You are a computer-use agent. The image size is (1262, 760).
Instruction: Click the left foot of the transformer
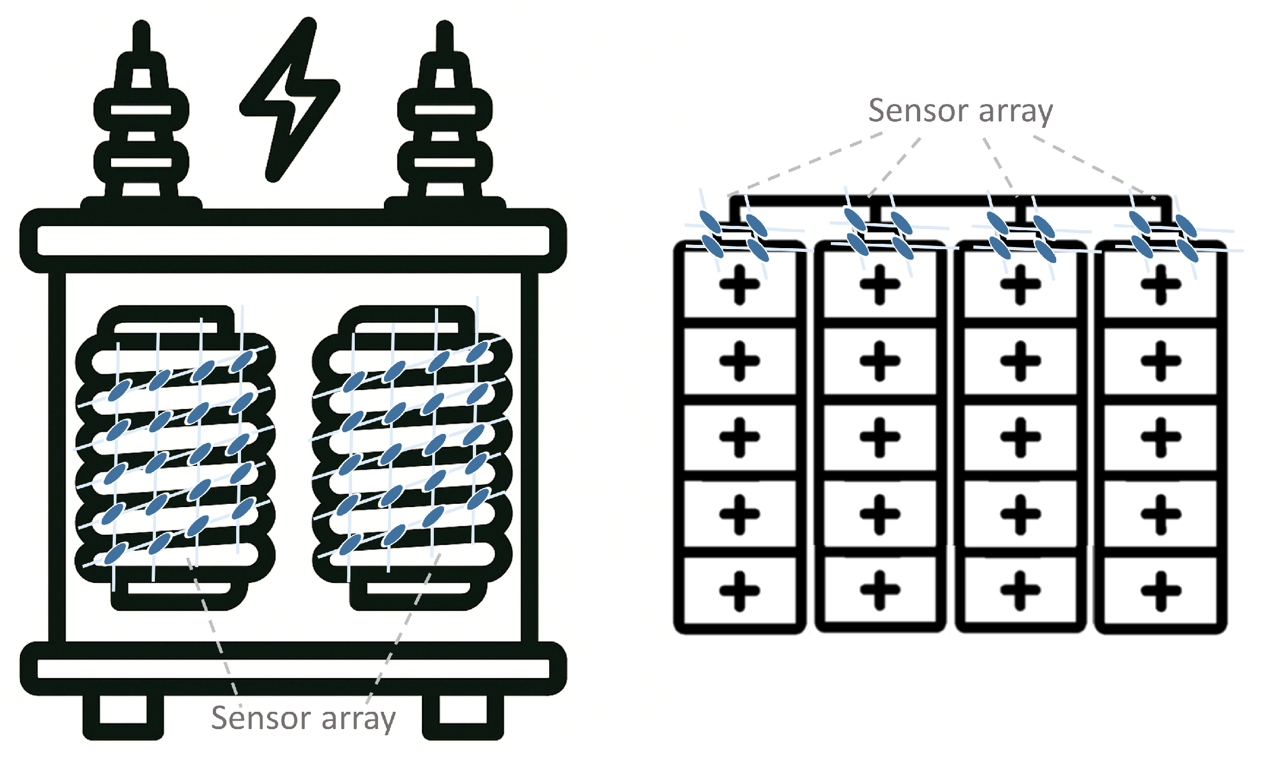(x=123, y=716)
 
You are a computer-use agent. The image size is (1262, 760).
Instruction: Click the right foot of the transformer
(x=463, y=716)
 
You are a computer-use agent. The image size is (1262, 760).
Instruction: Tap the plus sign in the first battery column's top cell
(x=739, y=284)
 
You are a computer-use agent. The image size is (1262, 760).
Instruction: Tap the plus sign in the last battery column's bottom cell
(x=1161, y=590)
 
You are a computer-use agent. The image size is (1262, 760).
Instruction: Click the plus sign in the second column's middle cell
(x=880, y=437)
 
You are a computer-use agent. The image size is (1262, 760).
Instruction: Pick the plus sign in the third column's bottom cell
(x=1020, y=590)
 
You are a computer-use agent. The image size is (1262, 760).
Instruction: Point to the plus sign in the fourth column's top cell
(x=1161, y=284)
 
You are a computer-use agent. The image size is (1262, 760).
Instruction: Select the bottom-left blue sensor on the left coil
(x=115, y=554)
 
